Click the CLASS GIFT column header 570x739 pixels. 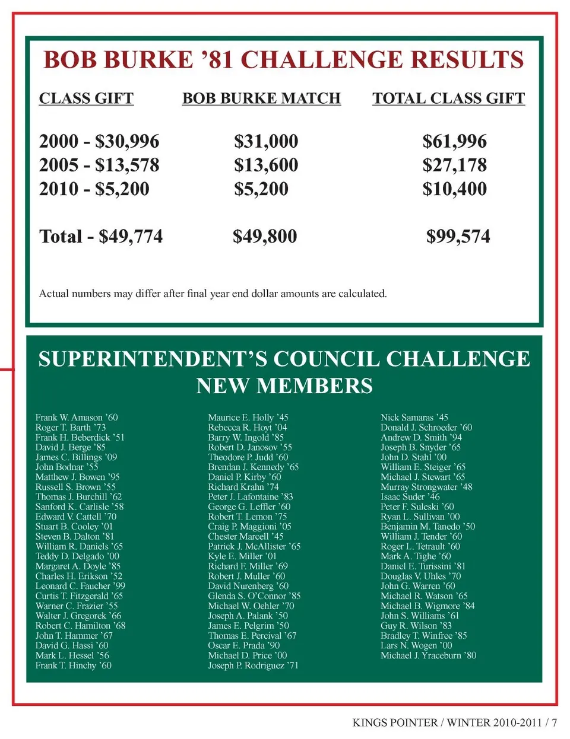point(86,98)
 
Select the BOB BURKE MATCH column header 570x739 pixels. point(261,98)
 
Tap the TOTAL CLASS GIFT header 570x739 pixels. point(448,98)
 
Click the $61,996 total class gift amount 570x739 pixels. point(454,141)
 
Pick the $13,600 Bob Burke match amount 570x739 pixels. point(266,165)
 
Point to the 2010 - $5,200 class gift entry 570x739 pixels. point(94,189)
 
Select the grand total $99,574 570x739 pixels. point(458,236)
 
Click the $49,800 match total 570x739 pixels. point(265,236)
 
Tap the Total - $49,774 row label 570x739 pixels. point(101,236)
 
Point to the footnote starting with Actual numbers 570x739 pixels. point(213,294)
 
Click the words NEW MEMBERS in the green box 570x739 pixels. point(284,386)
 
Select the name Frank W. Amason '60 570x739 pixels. point(77,418)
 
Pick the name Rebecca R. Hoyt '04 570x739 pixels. point(247,428)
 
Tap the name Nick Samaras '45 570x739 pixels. point(414,418)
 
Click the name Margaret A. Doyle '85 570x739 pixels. point(78,566)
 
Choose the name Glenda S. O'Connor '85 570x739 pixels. point(254,596)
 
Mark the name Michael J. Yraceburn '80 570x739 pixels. point(428,655)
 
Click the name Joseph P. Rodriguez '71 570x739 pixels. point(253,665)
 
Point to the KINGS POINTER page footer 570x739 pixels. point(454,722)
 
